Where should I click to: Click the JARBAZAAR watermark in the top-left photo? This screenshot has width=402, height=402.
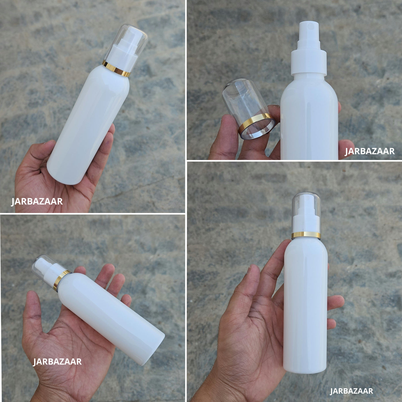click(x=37, y=201)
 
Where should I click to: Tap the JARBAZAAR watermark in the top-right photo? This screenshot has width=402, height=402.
click(x=370, y=151)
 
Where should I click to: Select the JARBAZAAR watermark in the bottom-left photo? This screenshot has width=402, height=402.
click(x=57, y=362)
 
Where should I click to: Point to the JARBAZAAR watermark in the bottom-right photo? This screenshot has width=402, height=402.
click(x=351, y=391)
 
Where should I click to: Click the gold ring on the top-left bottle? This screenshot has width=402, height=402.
click(x=116, y=69)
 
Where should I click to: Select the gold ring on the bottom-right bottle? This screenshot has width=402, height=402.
click(x=306, y=235)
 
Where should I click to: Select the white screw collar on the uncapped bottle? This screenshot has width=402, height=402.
click(x=309, y=62)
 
